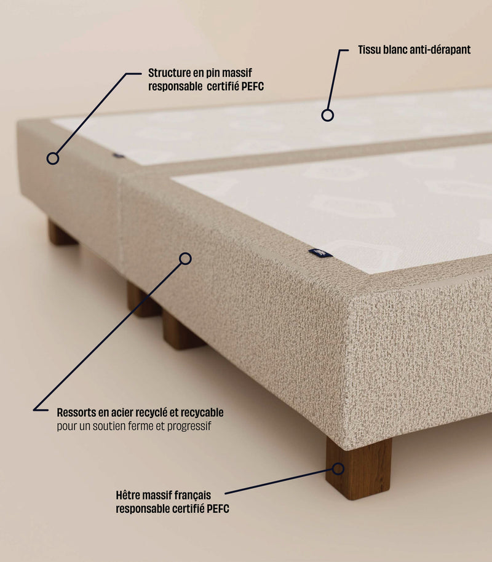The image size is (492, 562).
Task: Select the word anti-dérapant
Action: coord(440,50)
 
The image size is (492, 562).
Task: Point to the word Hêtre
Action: coord(129,495)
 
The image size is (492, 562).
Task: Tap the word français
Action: coord(191,495)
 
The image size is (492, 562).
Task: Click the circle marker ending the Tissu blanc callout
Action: coord(328,115)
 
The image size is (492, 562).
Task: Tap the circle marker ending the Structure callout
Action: coord(53,158)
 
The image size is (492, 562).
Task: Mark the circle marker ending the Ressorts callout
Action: coord(185,259)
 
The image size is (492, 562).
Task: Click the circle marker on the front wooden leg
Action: coord(338,469)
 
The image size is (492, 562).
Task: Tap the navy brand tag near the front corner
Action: coord(320,252)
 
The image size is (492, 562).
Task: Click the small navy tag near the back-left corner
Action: coord(118,156)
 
